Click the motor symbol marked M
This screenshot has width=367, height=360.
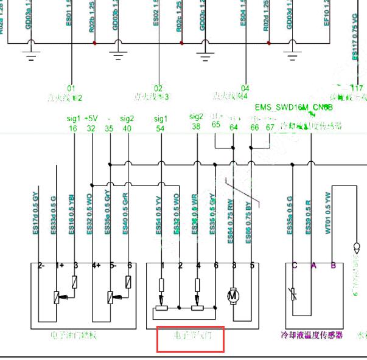(232, 295)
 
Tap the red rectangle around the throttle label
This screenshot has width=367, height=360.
(190, 339)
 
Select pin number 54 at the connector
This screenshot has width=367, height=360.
(161, 128)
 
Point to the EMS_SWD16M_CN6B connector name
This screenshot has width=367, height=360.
(293, 107)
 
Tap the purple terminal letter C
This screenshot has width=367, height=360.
(295, 265)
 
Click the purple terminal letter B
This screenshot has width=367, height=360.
(333, 265)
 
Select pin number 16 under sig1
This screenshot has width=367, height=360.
(73, 128)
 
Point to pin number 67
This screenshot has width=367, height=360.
(270, 127)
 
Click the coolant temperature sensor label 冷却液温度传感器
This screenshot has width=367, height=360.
(312, 335)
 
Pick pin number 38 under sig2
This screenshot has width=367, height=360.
(196, 126)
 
